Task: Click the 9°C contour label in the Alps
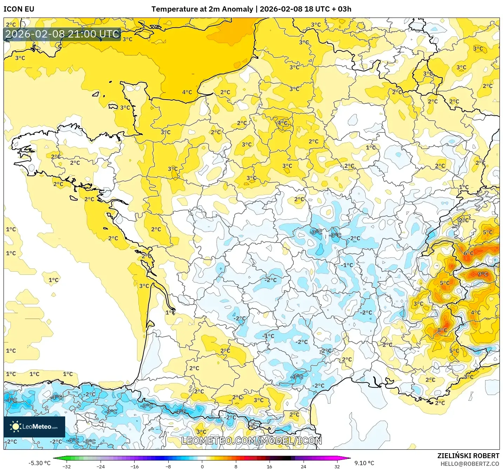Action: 483,274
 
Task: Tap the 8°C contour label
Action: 442,330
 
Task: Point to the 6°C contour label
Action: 468,253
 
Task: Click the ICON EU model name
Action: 19,9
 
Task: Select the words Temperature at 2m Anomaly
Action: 202,9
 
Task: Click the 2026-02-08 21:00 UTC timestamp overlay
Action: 62,34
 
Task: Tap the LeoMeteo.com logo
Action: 34,427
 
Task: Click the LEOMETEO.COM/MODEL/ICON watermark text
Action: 251,441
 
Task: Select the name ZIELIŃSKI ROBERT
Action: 468,456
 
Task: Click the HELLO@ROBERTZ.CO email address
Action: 470,464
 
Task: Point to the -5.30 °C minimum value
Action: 39,463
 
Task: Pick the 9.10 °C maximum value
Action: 364,463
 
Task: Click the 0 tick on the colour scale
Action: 202,467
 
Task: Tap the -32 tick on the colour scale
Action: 67,467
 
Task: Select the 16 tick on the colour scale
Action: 269,467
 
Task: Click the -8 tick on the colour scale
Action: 168,467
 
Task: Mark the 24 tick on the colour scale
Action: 303,467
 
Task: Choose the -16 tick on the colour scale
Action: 134,467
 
